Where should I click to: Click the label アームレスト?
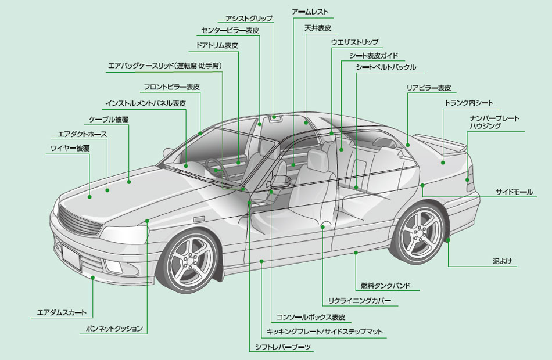310,12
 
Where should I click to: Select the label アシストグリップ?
249,19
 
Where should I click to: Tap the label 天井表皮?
318,28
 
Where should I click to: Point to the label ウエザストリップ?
354,42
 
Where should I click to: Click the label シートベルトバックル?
386,67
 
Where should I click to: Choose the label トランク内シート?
468,103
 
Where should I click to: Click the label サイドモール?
514,192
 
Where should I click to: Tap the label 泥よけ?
502,261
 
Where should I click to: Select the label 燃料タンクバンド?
385,286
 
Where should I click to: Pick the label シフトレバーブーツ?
283,347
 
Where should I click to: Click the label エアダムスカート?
62,312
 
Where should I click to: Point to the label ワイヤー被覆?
70,149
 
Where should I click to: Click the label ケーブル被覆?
109,120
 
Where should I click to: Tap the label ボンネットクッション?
114,329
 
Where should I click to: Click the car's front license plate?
71,256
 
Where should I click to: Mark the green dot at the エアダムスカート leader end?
93,278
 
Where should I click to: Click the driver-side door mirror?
279,181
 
